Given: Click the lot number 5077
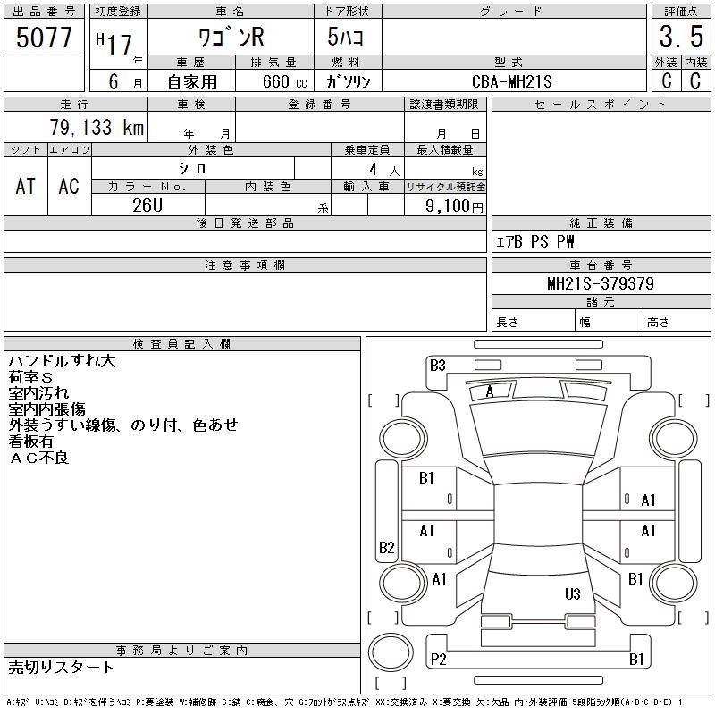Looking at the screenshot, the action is click(44, 38).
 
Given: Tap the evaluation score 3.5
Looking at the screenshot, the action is click(679, 38).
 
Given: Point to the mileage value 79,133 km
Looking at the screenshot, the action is click(97, 127).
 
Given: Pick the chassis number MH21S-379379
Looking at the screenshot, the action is click(601, 283).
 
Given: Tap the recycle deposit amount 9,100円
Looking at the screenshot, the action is click(456, 206).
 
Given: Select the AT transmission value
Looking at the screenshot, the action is click(25, 187).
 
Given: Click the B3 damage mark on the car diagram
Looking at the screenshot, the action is click(437, 365).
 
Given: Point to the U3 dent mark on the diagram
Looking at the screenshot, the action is click(573, 594).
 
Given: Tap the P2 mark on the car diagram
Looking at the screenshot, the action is click(438, 660).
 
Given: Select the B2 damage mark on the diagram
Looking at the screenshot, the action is click(386, 547).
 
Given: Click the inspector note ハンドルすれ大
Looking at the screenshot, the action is click(62, 362).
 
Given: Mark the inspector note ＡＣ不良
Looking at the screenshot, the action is click(38, 458).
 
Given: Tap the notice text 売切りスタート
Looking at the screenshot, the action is click(62, 667).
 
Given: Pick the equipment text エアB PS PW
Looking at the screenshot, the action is click(535, 242).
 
